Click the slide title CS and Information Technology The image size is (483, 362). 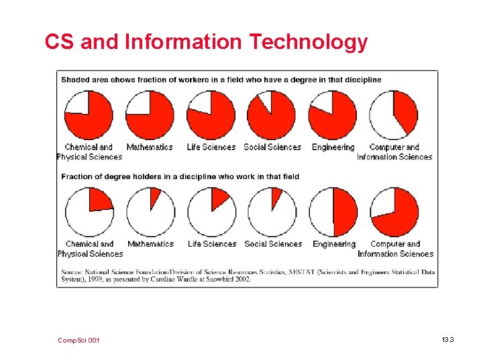tap(206, 42)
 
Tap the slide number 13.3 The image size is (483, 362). tap(447, 341)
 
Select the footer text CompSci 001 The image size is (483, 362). tap(79, 341)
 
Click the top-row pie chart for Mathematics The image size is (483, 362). tap(150, 115)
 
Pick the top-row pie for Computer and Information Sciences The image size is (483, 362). tap(394, 115)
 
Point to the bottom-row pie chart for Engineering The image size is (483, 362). tap(333, 212)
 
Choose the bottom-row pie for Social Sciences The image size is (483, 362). tap(272, 212)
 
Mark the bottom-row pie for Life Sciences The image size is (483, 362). tap(211, 212)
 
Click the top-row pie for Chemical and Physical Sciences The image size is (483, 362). tap(89, 115)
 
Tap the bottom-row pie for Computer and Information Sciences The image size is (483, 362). tap(394, 212)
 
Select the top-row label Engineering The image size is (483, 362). tap(333, 147)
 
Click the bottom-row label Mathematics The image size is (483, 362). tap(150, 244)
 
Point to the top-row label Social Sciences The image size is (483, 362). tap(272, 147)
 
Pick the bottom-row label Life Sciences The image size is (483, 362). tap(212, 244)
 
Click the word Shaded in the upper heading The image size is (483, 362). tap(75, 80)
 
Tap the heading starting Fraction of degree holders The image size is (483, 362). tap(180, 177)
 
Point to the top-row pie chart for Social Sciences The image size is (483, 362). tap(272, 115)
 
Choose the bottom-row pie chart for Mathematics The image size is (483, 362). tap(150, 212)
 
